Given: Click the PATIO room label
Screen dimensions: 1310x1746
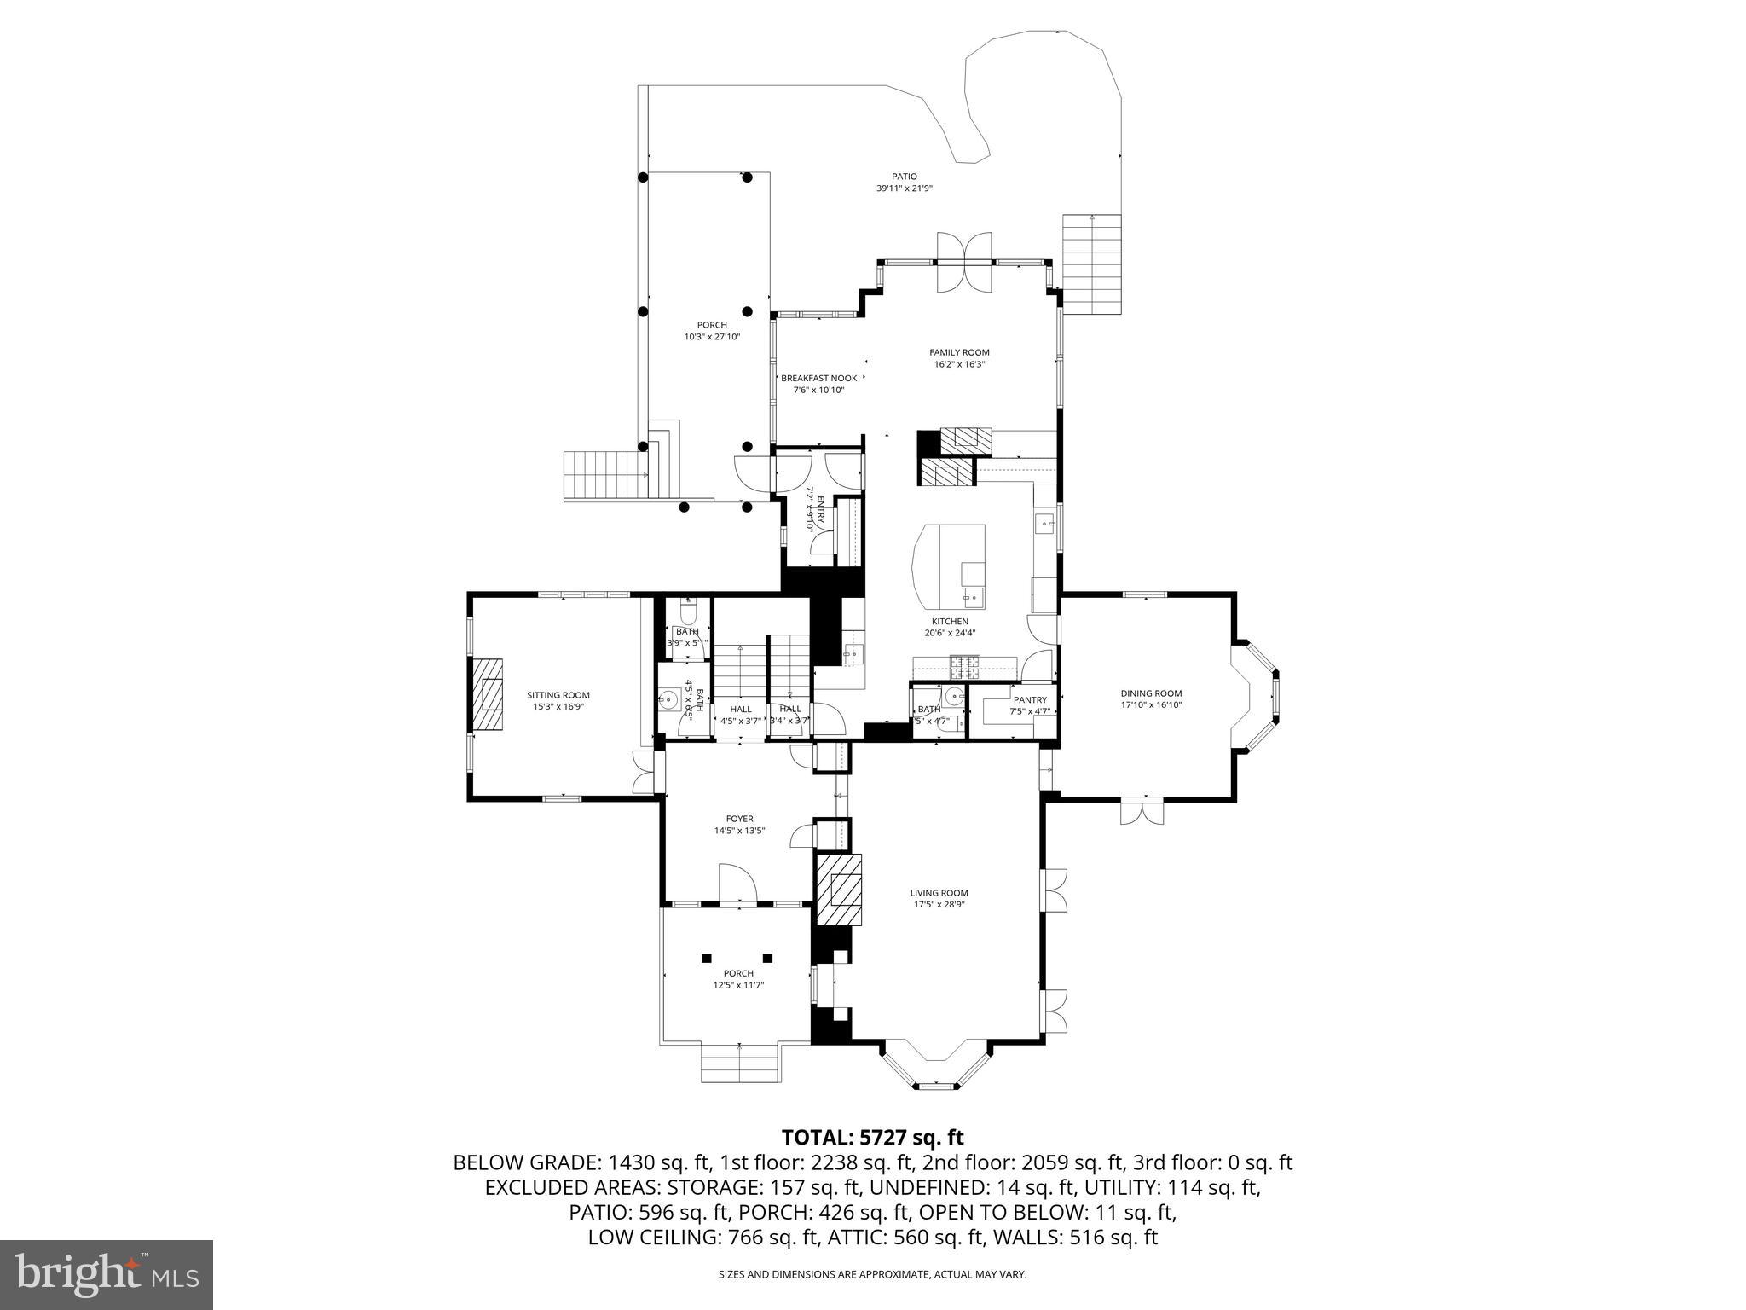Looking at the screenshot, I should click(x=905, y=177).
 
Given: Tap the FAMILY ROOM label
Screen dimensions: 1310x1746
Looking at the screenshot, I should click(x=959, y=352).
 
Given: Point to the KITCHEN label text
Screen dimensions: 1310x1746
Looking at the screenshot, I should click(x=949, y=622).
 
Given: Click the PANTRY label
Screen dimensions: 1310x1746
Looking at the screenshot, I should click(x=1029, y=700).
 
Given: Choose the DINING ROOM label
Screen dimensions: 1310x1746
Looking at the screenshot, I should click(x=1151, y=693).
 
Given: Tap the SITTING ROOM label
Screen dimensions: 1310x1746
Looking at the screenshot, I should click(x=558, y=695).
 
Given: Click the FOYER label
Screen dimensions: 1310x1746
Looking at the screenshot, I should click(x=739, y=819).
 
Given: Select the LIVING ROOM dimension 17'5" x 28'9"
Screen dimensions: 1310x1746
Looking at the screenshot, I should click(x=939, y=905).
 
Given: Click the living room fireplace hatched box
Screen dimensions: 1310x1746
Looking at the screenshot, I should click(x=840, y=890).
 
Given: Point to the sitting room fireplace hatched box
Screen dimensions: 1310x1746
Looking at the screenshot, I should click(x=488, y=694).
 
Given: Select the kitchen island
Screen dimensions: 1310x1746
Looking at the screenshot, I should click(x=950, y=563).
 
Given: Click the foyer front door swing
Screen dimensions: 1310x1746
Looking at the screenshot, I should click(x=737, y=885).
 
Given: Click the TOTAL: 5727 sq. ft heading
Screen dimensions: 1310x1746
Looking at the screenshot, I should click(x=872, y=1137).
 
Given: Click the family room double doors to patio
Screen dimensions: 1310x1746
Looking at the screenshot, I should click(x=964, y=262).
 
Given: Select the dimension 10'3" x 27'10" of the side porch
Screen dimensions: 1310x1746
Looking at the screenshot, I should click(x=712, y=337).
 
